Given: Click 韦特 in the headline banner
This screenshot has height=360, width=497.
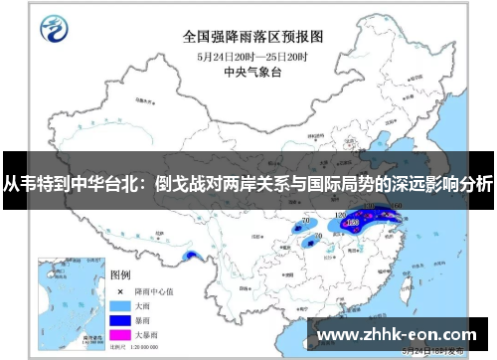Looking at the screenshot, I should (40, 184).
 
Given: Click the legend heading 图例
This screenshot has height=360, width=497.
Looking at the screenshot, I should (120, 273).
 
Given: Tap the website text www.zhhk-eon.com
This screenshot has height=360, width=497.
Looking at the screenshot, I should (402, 333).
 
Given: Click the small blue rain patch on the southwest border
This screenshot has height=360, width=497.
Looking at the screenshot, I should (192, 258).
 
